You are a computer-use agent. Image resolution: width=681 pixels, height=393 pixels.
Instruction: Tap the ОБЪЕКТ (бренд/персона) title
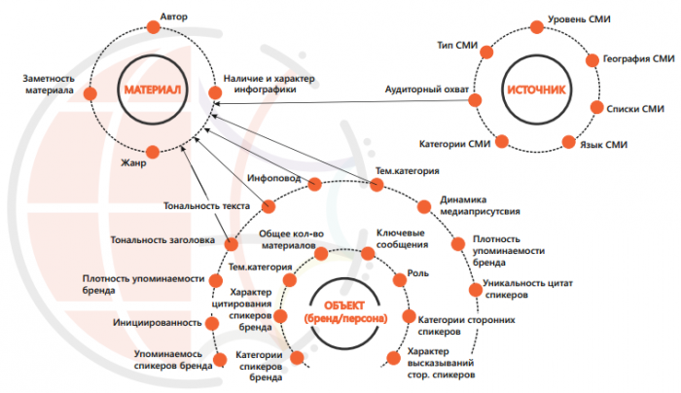click(344, 311)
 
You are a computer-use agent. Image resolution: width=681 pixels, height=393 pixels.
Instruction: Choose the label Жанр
click(131, 162)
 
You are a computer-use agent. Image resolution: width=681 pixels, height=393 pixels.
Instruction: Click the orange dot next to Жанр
click(153, 152)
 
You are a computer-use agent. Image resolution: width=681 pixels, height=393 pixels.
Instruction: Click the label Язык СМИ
click(605, 144)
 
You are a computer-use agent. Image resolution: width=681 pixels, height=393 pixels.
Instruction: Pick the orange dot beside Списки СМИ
click(596, 109)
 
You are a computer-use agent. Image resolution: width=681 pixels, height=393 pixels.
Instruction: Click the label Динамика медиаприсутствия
click(479, 204)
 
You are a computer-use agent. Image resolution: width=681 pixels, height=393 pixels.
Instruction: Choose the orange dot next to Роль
click(399, 278)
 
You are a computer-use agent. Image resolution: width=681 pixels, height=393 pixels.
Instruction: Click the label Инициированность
click(151, 321)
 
